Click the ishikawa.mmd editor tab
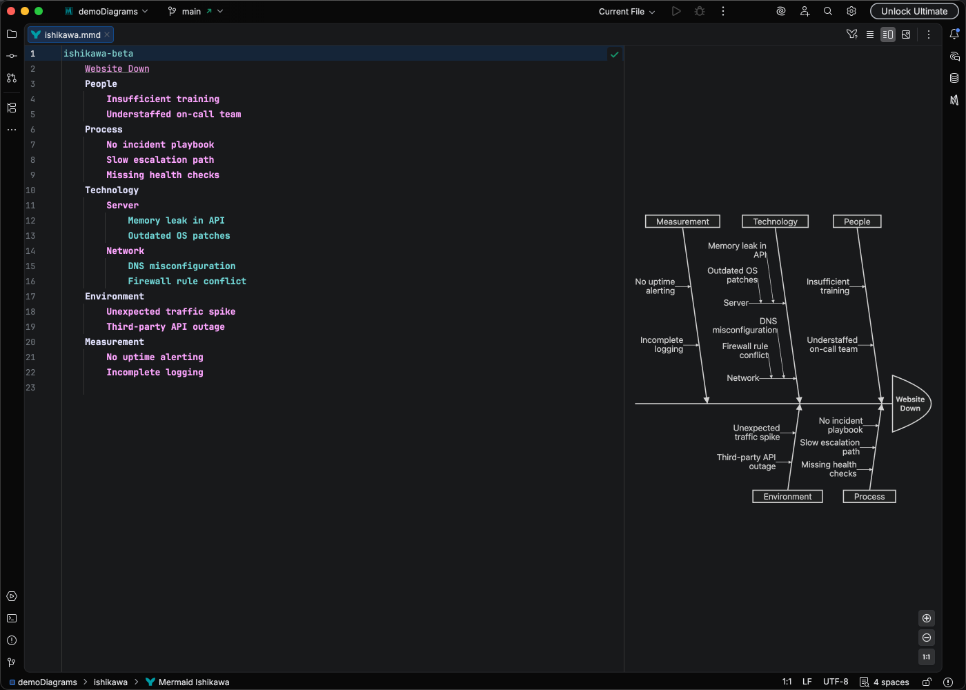(x=72, y=34)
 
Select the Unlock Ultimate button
(x=914, y=11)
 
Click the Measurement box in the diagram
(x=682, y=221)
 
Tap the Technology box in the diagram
(x=775, y=221)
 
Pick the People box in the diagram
(x=857, y=221)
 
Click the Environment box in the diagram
(x=787, y=497)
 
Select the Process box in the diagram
(x=869, y=497)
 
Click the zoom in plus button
(x=927, y=618)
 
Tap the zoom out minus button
(x=927, y=638)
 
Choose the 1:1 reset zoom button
(x=927, y=657)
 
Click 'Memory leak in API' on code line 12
(x=176, y=220)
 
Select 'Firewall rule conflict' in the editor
(x=186, y=281)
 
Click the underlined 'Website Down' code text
(x=117, y=68)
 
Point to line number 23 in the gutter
(x=30, y=387)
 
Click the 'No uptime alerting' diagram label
(x=655, y=286)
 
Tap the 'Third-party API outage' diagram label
(x=747, y=462)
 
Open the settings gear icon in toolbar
(x=851, y=11)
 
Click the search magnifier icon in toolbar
(x=828, y=11)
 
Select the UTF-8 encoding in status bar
(x=836, y=682)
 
